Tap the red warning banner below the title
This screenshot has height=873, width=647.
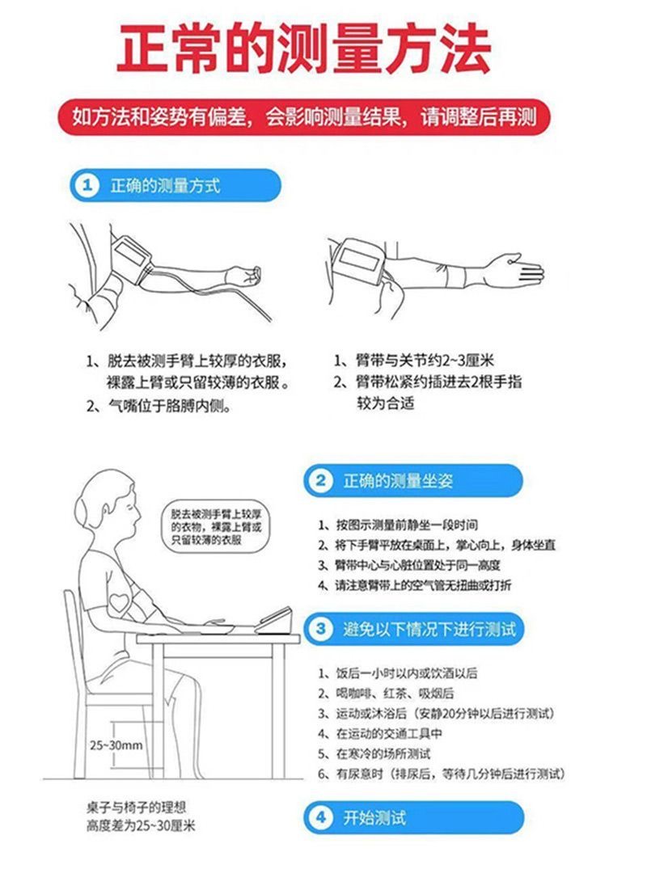click(x=304, y=117)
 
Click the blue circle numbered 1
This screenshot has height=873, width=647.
click(x=87, y=185)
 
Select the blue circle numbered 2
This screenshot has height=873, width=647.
click(x=320, y=481)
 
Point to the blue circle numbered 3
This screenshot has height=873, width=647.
click(x=320, y=629)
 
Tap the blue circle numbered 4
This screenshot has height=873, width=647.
click(x=320, y=818)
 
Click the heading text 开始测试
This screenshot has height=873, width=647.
click(x=374, y=818)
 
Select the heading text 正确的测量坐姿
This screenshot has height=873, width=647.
click(x=398, y=481)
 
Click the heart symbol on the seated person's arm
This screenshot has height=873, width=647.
click(x=120, y=602)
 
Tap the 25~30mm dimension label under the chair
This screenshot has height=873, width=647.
click(x=116, y=745)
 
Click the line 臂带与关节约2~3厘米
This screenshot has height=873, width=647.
click(x=414, y=361)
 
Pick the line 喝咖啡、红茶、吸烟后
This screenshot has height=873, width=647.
click(x=386, y=694)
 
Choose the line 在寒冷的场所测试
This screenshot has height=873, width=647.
click(x=374, y=754)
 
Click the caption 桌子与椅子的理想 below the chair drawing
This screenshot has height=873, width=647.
click(x=136, y=808)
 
